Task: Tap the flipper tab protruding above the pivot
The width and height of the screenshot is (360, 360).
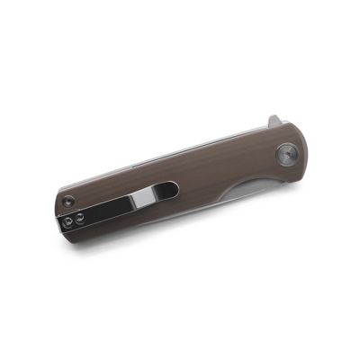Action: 276,122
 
